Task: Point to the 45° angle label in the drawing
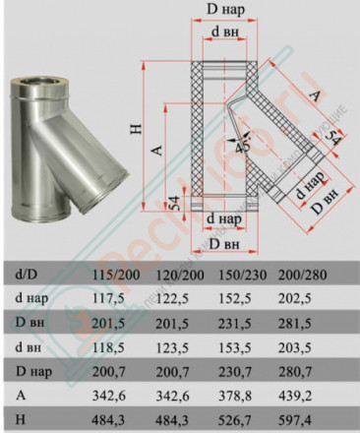click(x=240, y=144)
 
